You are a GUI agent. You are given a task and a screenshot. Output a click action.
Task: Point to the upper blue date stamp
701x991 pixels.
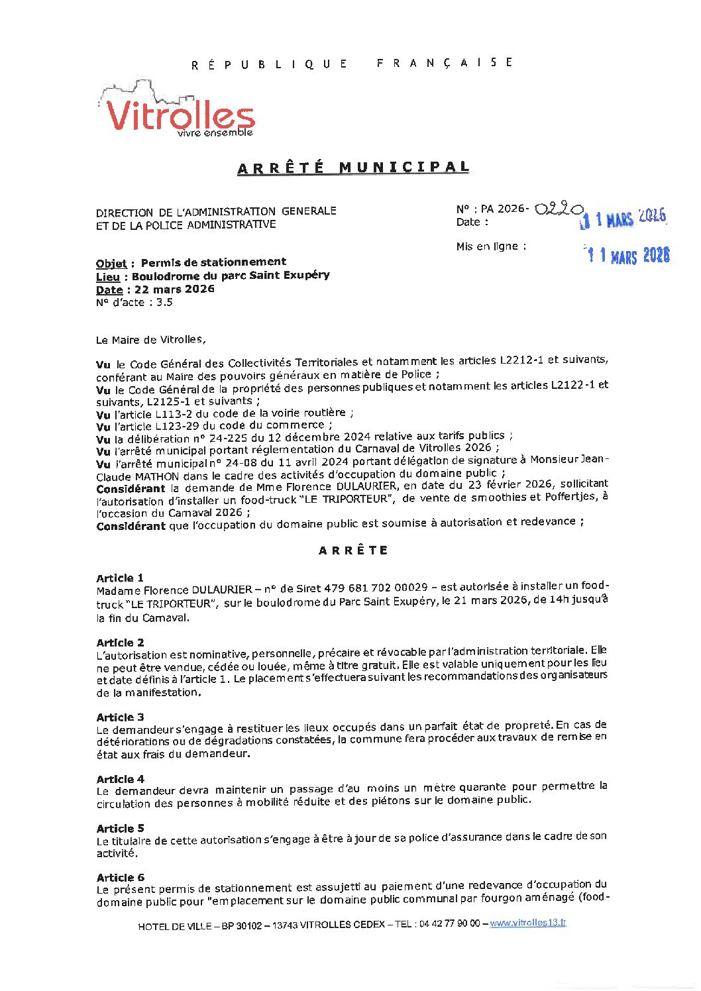(x=623, y=218)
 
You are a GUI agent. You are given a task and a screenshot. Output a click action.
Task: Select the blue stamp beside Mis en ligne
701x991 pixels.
(x=627, y=255)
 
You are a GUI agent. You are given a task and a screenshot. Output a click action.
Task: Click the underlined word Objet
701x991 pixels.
(x=111, y=263)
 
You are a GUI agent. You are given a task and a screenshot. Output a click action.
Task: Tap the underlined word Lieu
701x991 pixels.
(x=107, y=276)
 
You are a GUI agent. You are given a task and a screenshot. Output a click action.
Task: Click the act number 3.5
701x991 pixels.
(x=164, y=303)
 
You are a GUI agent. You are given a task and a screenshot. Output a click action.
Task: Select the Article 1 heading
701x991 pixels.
(x=120, y=578)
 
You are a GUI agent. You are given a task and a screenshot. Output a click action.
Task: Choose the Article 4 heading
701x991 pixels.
(x=120, y=779)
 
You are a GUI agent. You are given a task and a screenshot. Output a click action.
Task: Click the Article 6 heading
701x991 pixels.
(x=120, y=877)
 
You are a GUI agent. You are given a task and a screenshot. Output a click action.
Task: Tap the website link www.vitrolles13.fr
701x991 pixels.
(x=528, y=923)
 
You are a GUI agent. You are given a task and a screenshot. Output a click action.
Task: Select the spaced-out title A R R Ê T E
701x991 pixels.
(x=353, y=550)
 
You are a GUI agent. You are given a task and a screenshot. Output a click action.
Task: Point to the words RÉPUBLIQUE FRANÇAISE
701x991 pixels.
(x=352, y=64)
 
